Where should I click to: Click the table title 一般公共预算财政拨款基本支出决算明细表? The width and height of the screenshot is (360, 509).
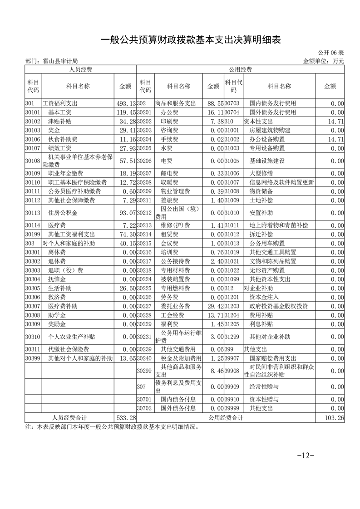[x=191, y=40]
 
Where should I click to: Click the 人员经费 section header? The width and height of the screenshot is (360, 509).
[x=80, y=69]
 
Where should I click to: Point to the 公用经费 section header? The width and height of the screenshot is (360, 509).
[x=240, y=69]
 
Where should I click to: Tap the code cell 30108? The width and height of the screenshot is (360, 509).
[x=33, y=161]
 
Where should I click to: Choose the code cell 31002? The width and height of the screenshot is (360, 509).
[x=232, y=139]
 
